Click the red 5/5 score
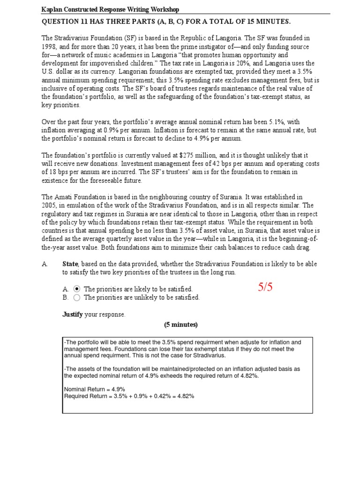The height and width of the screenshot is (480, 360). coord(265,288)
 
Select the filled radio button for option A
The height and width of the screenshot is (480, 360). coord(77,289)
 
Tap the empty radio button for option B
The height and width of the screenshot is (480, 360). coord(77,297)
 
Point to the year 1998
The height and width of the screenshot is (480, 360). coord(50,46)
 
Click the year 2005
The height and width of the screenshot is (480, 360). coord(50,205)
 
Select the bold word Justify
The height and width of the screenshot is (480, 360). coord(73,315)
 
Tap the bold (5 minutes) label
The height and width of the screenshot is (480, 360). coord(181,324)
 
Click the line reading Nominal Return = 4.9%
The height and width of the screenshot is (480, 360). coord(88,389)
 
